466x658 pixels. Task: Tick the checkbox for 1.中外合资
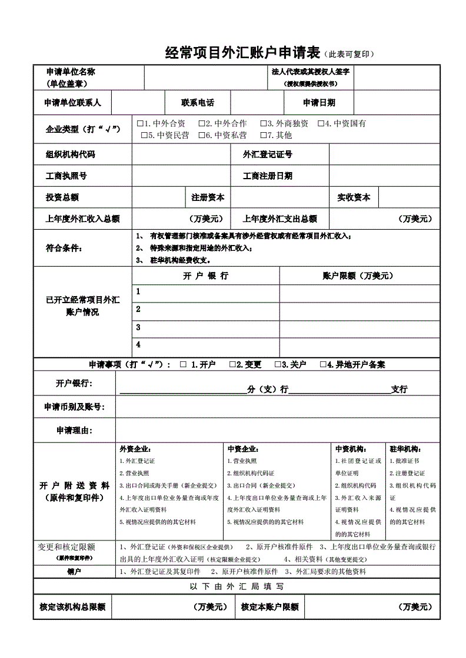pyautogui.click(x=140, y=124)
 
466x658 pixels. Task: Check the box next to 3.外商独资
pyautogui.click(x=263, y=124)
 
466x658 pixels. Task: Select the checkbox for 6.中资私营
pyautogui.click(x=201, y=136)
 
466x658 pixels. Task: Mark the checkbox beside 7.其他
pyautogui.click(x=263, y=136)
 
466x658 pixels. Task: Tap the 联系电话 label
pyautogui.click(x=198, y=103)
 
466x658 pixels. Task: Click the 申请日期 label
pyautogui.click(x=319, y=103)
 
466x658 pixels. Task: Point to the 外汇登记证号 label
pyautogui.click(x=268, y=155)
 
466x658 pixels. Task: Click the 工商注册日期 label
pyautogui.click(x=268, y=176)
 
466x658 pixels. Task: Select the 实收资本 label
pyautogui.click(x=354, y=197)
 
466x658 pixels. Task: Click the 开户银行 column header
pyautogui.click(x=206, y=276)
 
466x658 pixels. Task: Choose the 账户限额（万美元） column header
pyautogui.click(x=358, y=276)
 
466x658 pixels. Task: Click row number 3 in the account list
pyautogui.click(x=138, y=327)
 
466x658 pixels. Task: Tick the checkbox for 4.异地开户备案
pyautogui.click(x=323, y=365)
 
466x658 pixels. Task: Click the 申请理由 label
pyautogui.click(x=74, y=431)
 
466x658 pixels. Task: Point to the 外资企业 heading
pyautogui.click(x=135, y=449)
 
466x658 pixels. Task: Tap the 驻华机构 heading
pyautogui.click(x=404, y=449)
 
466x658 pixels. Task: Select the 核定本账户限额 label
pyautogui.click(x=269, y=607)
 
